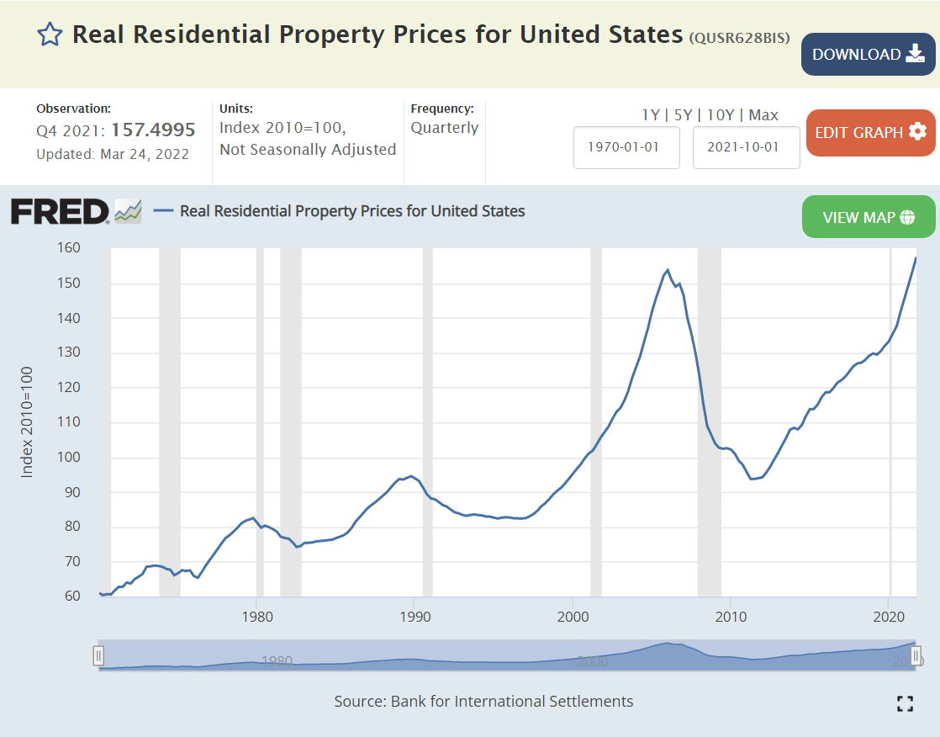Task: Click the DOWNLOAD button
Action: coord(868,55)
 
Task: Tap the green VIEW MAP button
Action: coord(869,217)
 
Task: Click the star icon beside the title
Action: coord(50,34)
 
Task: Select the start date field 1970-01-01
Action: coord(626,147)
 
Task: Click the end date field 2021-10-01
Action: coord(746,147)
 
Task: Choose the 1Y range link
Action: coord(651,115)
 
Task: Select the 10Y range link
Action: coord(719,115)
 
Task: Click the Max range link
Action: coord(763,115)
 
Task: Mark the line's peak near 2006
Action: coord(668,270)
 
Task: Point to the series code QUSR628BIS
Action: coord(739,38)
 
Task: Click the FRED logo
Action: coord(60,211)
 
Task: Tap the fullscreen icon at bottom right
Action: coord(905,704)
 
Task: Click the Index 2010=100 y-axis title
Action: coord(27,422)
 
